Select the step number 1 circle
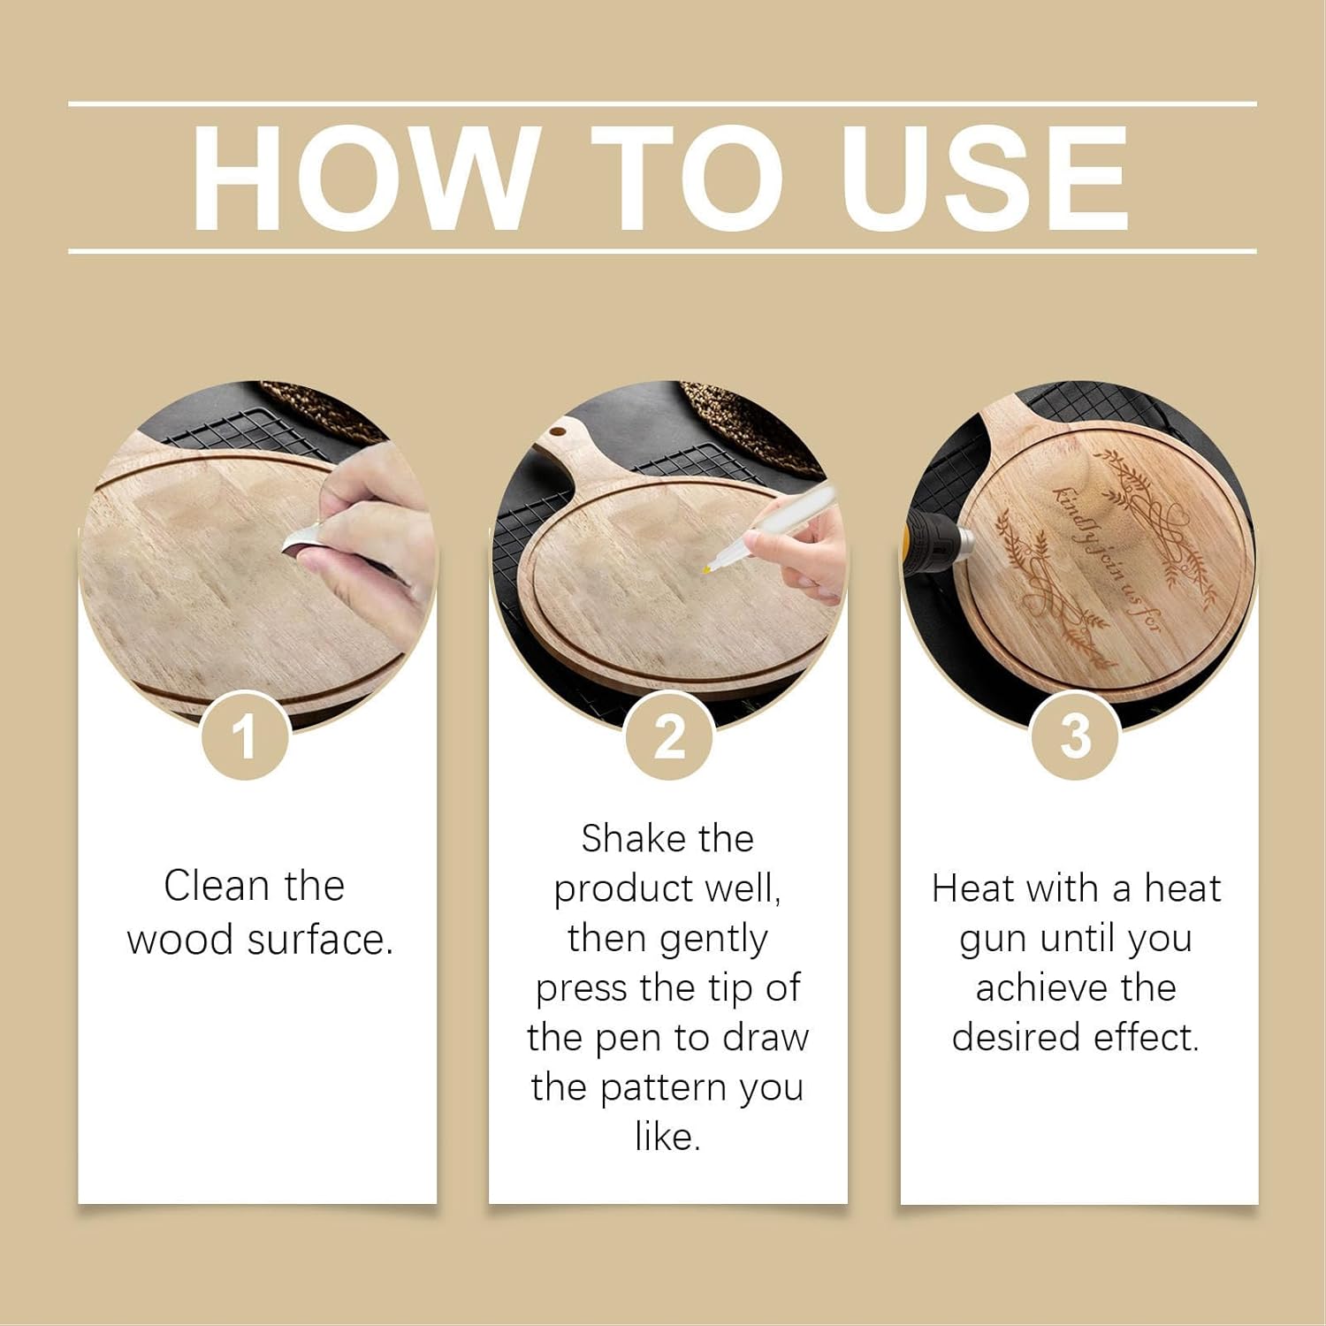coord(245,735)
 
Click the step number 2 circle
coord(669,735)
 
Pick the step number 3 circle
coord(1076,735)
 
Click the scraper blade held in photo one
coord(301,540)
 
